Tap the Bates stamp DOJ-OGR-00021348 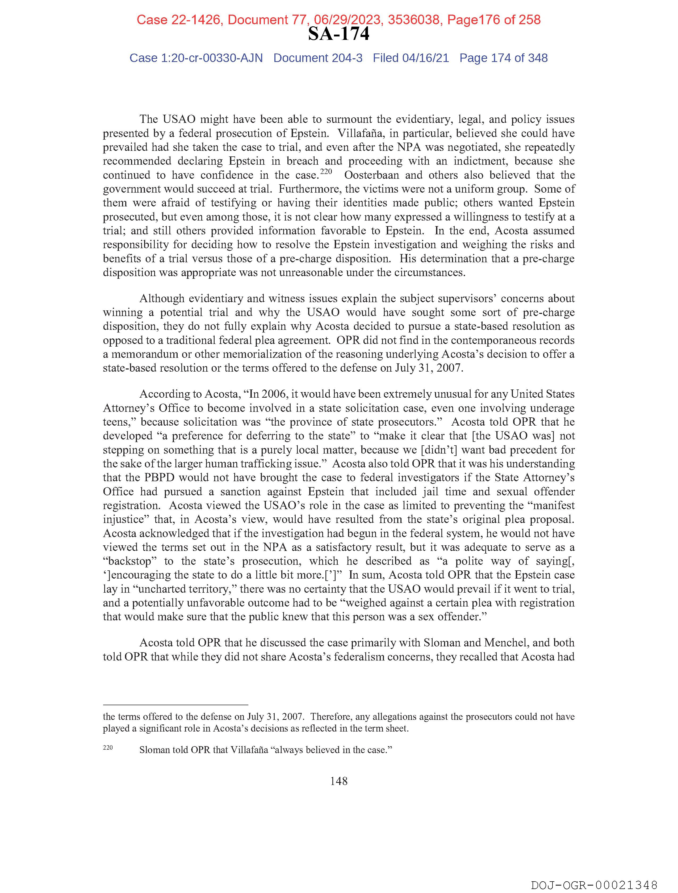[594, 885]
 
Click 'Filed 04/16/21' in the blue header [411, 58]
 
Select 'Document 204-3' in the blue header [318, 58]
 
